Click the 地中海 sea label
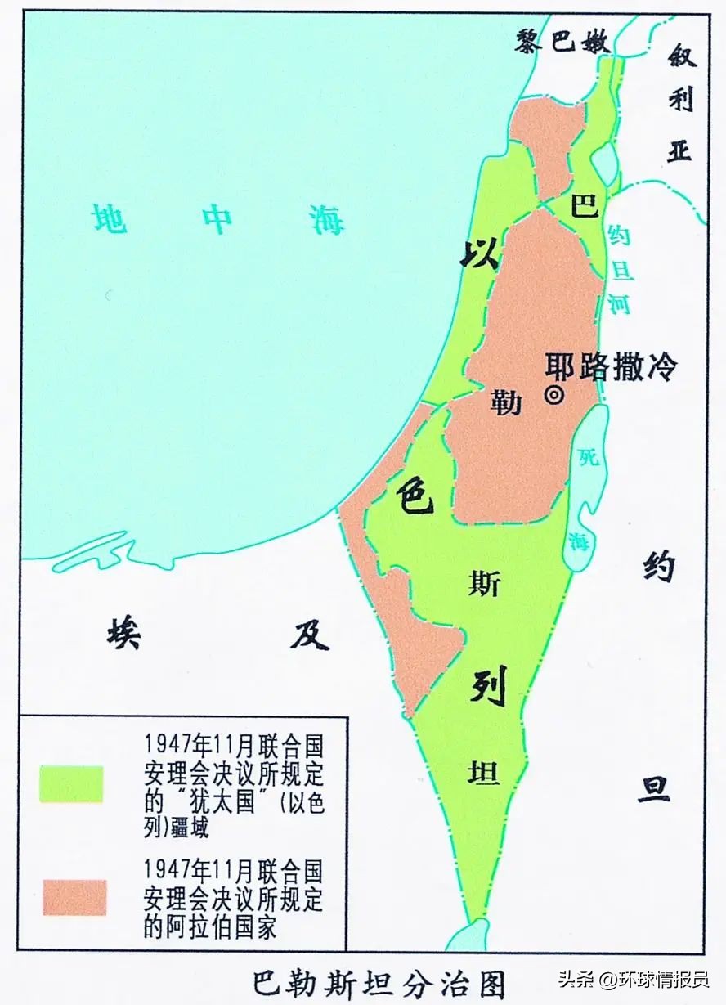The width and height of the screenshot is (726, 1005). (x=218, y=219)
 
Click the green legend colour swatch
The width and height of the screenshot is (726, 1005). (x=72, y=784)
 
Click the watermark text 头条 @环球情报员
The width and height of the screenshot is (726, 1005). (x=633, y=980)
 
